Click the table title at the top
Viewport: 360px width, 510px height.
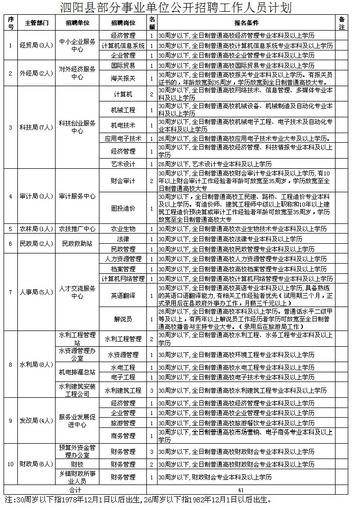(180, 8)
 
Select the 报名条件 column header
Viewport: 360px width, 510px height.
(246, 23)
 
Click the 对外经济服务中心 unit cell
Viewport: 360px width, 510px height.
(78, 73)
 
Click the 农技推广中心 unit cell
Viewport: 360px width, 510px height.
(78, 229)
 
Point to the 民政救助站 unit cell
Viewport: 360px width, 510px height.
(78, 244)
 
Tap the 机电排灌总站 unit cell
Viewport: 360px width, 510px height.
(78, 372)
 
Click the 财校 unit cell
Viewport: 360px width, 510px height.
(78, 465)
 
